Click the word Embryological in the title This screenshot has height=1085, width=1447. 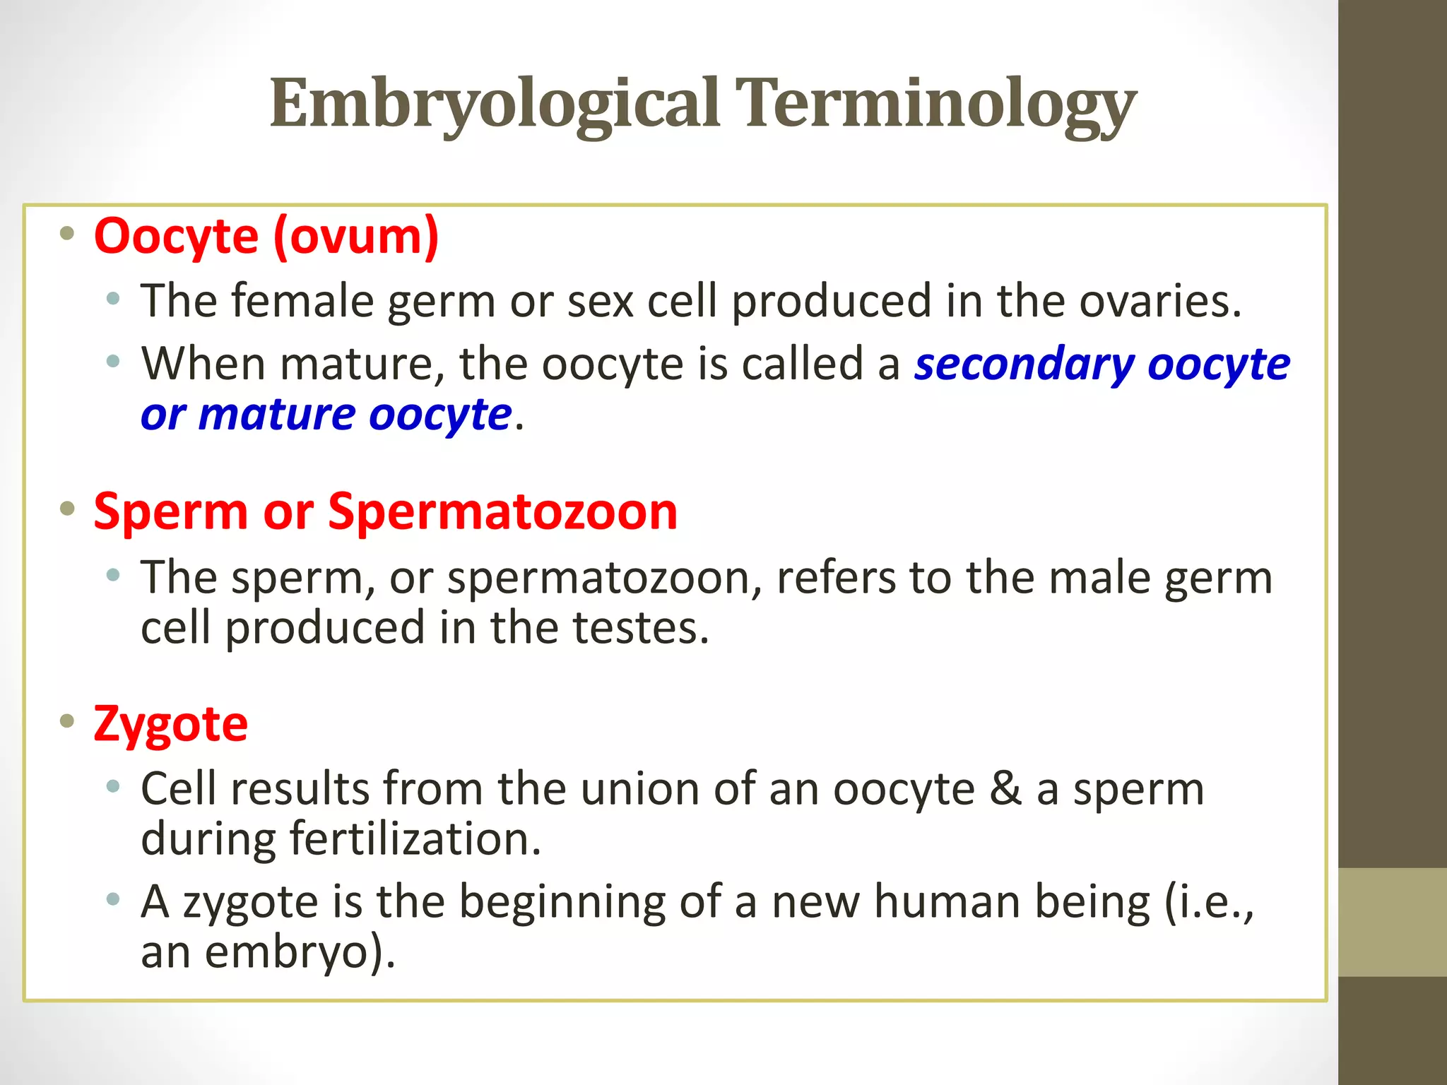click(495, 105)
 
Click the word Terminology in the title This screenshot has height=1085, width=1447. click(935, 105)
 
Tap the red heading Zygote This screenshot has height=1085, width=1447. click(170, 724)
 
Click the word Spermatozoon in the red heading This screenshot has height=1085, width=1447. click(502, 511)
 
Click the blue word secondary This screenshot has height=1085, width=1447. click(1024, 364)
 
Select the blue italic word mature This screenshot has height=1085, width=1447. click(276, 415)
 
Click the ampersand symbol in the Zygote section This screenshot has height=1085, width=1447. click(1005, 789)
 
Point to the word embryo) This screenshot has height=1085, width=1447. click(300, 952)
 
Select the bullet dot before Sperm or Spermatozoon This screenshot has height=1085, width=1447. click(67, 509)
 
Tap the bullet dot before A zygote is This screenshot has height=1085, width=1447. click(113, 900)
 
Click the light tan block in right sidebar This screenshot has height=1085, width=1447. click(1392, 922)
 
